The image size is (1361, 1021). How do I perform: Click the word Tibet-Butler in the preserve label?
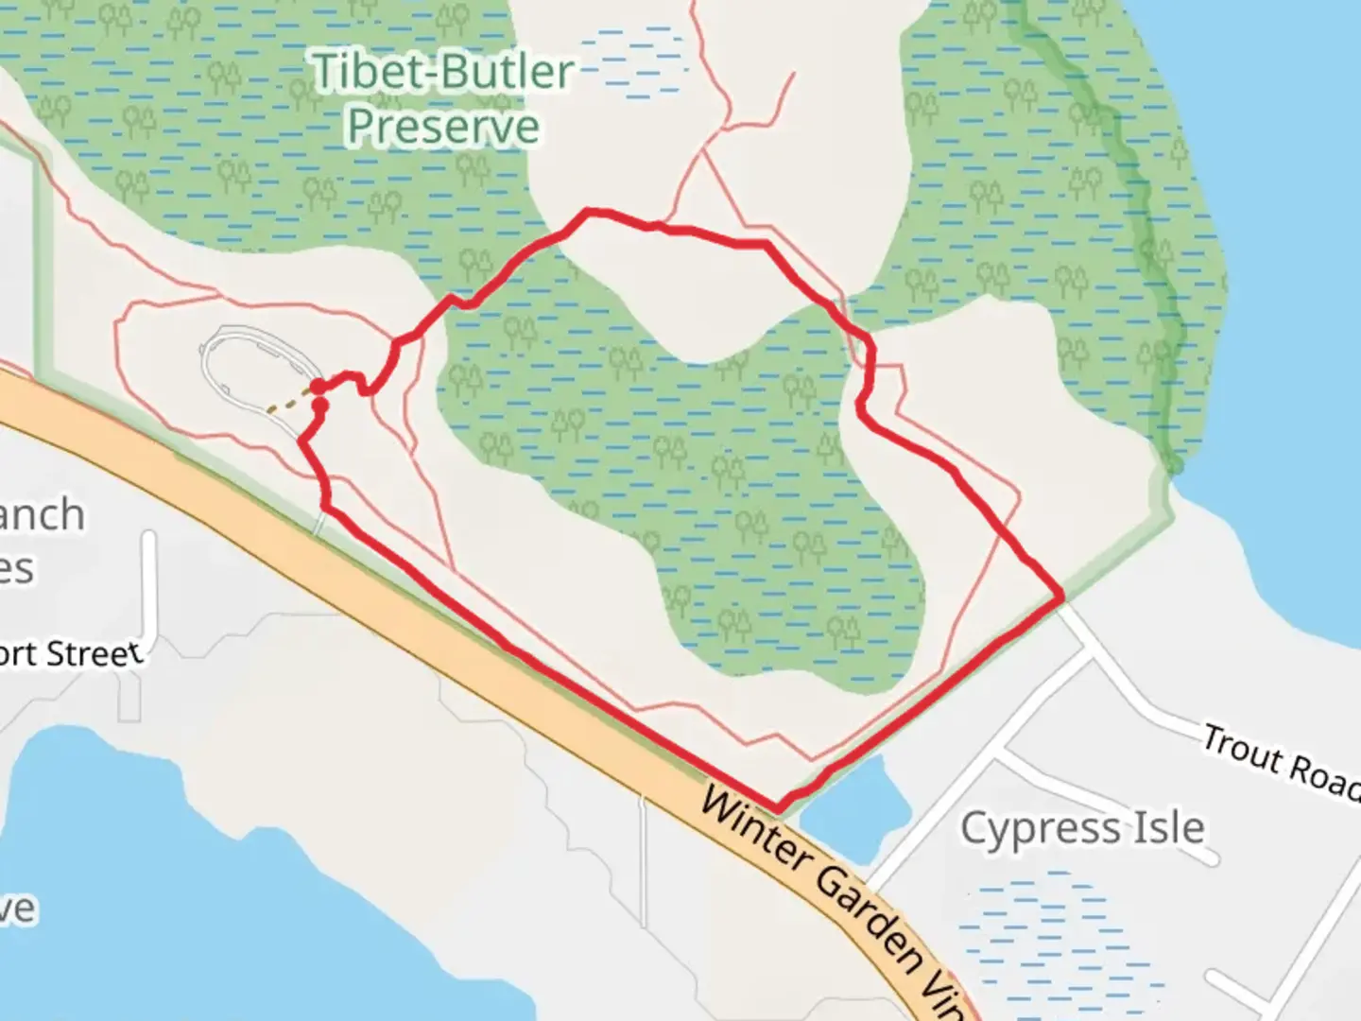442,72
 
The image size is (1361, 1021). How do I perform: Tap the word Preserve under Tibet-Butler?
442,127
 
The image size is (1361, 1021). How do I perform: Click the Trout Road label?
1281,761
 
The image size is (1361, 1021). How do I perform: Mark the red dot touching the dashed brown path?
319,387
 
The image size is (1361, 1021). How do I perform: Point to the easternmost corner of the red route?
1062,597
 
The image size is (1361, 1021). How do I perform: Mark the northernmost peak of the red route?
589,212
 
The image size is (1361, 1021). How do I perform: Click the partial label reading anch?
42,516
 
